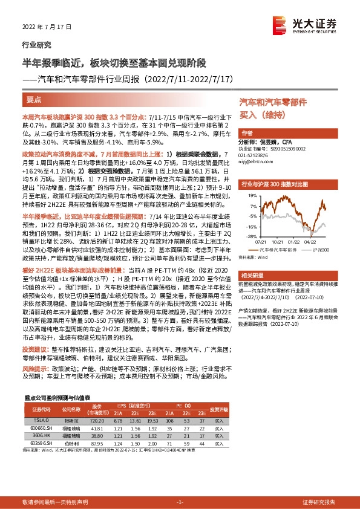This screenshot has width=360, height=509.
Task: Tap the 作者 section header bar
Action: click(247, 133)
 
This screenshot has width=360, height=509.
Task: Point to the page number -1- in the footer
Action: click(180, 502)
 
